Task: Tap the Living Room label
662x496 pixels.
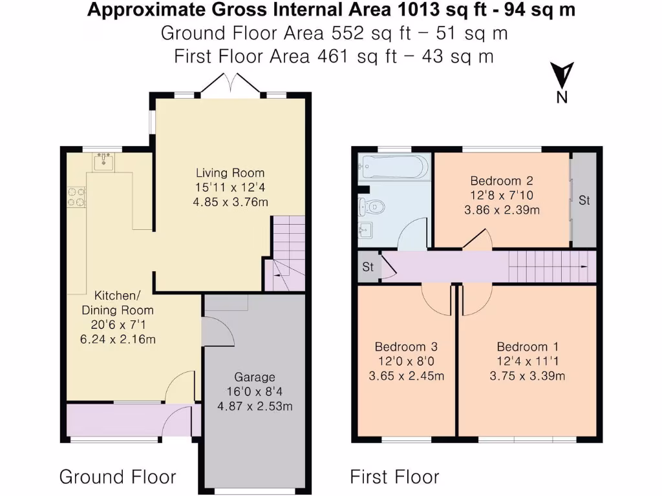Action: point(230,173)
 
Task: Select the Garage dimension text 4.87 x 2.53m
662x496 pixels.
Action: point(255,406)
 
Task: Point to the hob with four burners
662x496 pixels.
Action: point(76,196)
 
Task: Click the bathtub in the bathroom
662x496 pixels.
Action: point(393,168)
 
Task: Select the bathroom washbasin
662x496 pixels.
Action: point(364,230)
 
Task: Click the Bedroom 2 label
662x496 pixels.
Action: point(501,181)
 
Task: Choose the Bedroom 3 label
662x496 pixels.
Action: point(406,347)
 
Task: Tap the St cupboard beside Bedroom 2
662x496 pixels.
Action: point(584,200)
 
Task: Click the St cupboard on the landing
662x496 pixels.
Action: point(368,267)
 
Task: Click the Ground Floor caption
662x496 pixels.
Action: point(118,477)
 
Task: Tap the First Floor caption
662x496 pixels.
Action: point(394,477)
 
